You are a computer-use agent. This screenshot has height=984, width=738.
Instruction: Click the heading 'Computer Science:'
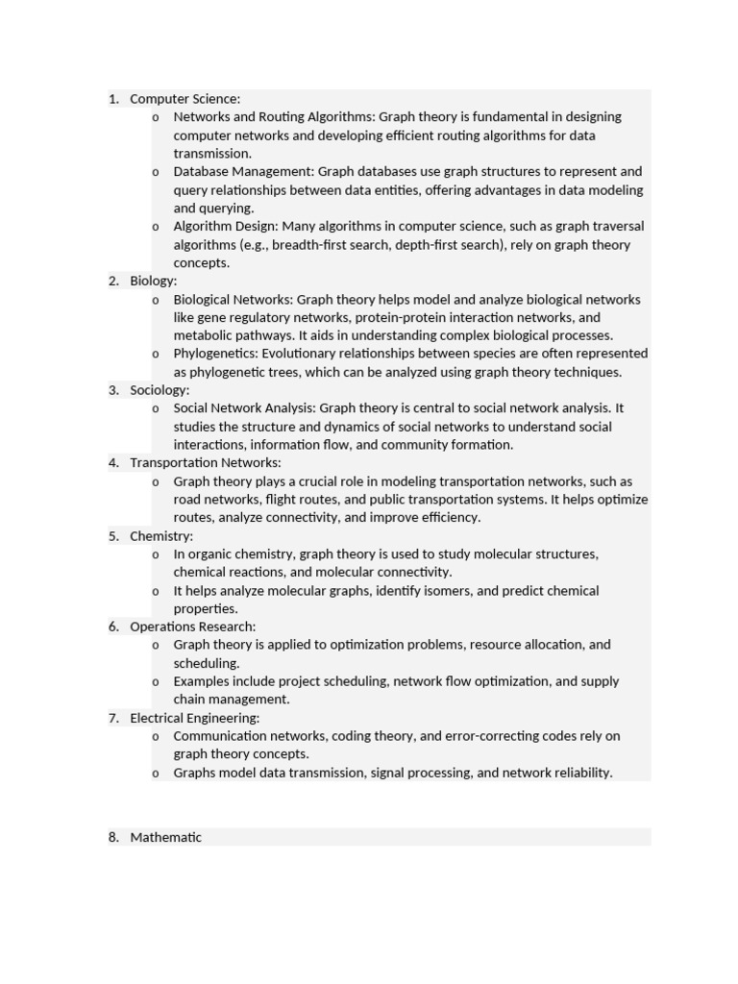[184, 99]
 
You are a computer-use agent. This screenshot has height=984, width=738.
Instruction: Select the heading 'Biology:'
[154, 281]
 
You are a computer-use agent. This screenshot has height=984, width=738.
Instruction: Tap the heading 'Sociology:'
[160, 390]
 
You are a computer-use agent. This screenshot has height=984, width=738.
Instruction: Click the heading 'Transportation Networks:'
[206, 463]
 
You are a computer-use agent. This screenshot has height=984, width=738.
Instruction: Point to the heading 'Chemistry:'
[161, 536]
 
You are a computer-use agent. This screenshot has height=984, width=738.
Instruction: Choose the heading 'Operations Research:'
[193, 627]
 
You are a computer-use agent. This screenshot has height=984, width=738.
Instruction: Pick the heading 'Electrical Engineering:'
[195, 718]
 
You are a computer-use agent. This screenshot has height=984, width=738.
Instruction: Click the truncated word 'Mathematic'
[166, 837]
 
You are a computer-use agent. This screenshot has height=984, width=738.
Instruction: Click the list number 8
[113, 837]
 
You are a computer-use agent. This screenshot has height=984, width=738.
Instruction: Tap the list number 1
[113, 99]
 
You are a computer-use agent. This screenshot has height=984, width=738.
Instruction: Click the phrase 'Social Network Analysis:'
[244, 408]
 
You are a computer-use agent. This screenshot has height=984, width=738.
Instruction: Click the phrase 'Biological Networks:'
[234, 300]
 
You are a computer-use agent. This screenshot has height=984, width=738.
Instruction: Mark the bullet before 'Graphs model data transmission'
[156, 774]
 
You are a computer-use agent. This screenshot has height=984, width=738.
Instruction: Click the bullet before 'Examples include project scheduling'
[156, 682]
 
